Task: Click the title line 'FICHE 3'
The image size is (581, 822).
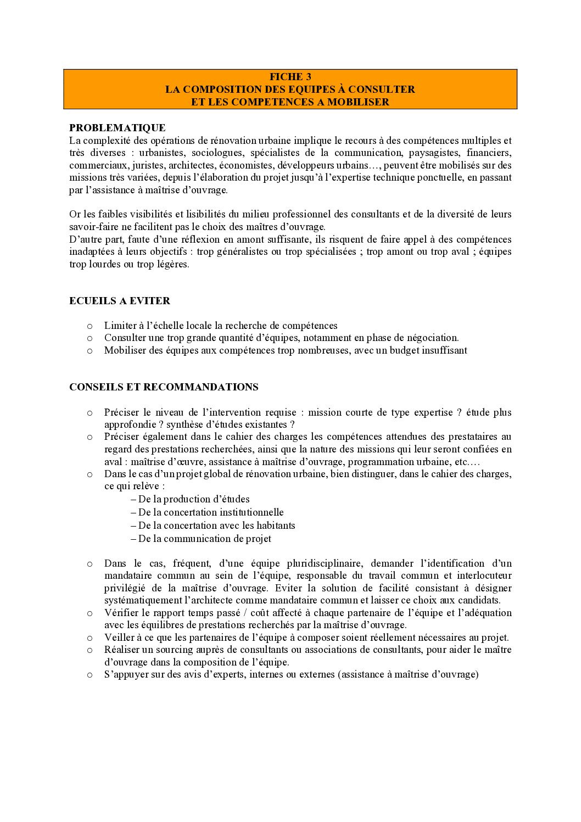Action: tap(290, 77)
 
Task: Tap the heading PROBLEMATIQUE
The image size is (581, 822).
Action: tap(118, 128)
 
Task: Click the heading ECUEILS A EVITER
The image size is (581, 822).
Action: tap(120, 300)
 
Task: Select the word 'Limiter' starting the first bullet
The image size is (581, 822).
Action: tap(120, 326)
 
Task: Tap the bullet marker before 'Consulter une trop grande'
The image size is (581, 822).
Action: tap(90, 338)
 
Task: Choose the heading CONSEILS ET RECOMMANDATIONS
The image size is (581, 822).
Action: tap(164, 387)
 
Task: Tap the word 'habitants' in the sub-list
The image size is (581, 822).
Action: tap(275, 525)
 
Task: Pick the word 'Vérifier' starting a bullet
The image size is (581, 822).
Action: tap(121, 613)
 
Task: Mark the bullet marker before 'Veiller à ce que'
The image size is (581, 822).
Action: tap(90, 638)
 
